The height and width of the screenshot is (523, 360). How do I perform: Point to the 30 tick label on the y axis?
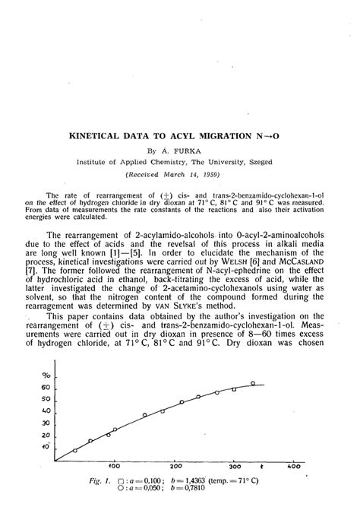click(x=45, y=423)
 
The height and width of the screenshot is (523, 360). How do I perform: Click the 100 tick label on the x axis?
click(x=115, y=466)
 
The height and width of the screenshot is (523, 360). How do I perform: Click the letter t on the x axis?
click(x=261, y=465)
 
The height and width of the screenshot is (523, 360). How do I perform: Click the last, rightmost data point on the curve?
click(x=253, y=383)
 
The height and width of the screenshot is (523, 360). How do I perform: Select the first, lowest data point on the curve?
click(x=74, y=450)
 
